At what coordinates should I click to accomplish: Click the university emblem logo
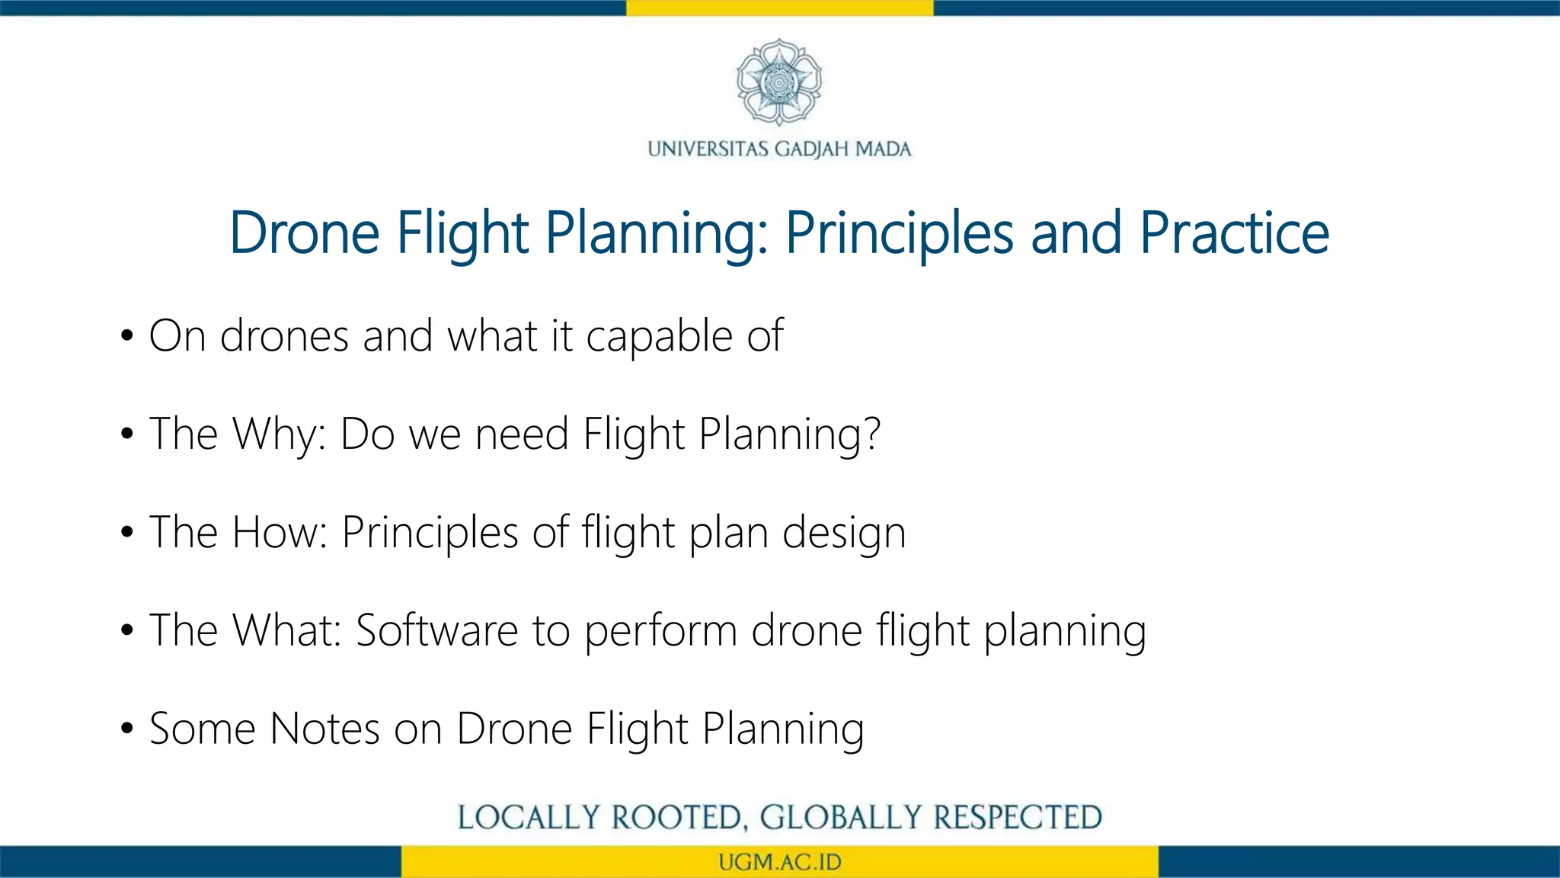[x=779, y=82]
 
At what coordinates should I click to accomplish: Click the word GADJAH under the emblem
[x=811, y=149]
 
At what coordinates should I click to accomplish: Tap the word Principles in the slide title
[x=899, y=232]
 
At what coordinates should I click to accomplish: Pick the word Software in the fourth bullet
[x=437, y=630]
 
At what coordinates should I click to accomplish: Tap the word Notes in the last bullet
[x=324, y=729]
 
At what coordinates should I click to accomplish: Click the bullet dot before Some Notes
[x=127, y=729]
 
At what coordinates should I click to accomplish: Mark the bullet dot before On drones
[x=127, y=336]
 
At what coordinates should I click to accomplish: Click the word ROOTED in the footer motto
[x=676, y=818]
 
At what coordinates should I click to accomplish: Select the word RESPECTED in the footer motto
[x=1018, y=818]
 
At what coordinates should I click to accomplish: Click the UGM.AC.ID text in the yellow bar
[x=779, y=862]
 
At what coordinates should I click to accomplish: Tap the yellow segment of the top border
[x=779, y=8]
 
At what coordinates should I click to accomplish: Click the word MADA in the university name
[x=883, y=149]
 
